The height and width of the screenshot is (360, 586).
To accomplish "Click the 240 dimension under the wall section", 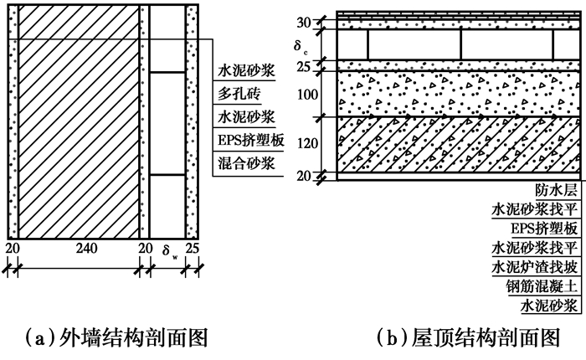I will coord(79,249).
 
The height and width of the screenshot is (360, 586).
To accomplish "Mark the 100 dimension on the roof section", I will coord(309,94).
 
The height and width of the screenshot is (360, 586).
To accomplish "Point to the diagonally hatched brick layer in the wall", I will coord(79,126).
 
